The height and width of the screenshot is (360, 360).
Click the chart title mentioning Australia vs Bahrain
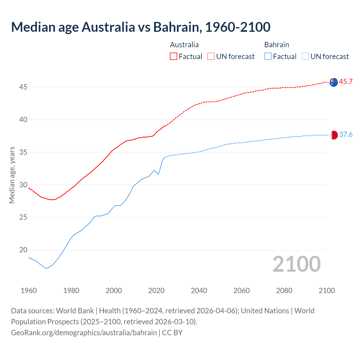(x=141, y=27)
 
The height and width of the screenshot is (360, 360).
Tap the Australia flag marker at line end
(x=334, y=82)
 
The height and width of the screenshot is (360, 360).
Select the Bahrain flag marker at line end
(x=334, y=135)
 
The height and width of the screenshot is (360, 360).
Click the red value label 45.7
(x=346, y=82)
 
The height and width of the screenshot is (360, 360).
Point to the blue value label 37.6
(x=346, y=135)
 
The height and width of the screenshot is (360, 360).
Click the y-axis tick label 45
(x=23, y=87)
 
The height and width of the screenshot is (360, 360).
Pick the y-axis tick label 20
(x=23, y=250)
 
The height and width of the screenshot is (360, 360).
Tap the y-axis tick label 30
(x=23, y=185)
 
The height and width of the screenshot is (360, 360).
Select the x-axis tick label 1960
(x=29, y=291)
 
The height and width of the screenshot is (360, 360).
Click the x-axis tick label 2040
(x=199, y=291)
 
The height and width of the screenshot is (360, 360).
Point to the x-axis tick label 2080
(x=284, y=291)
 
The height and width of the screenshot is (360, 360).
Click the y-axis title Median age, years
(x=12, y=175)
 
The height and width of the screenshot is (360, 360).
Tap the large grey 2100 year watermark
(x=296, y=264)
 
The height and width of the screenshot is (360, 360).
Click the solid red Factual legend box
(x=174, y=56)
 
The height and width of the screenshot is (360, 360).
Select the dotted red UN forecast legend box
(x=211, y=56)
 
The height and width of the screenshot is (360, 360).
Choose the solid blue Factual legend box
(x=268, y=56)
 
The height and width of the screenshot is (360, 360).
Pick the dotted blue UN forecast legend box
(x=305, y=56)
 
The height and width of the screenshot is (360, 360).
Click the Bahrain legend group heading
(x=276, y=45)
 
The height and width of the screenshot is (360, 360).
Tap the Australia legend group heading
(x=184, y=45)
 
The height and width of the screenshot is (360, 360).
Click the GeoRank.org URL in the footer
(x=84, y=333)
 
